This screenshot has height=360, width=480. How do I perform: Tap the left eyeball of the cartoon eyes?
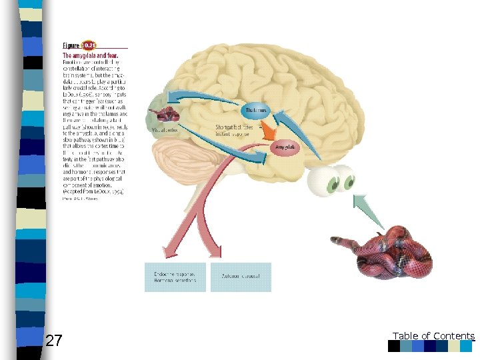[x=327, y=180]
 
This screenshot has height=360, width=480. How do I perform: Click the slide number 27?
[x=54, y=341]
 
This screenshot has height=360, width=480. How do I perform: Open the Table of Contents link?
[x=433, y=336]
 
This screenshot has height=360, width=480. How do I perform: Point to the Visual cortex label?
[x=164, y=130]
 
